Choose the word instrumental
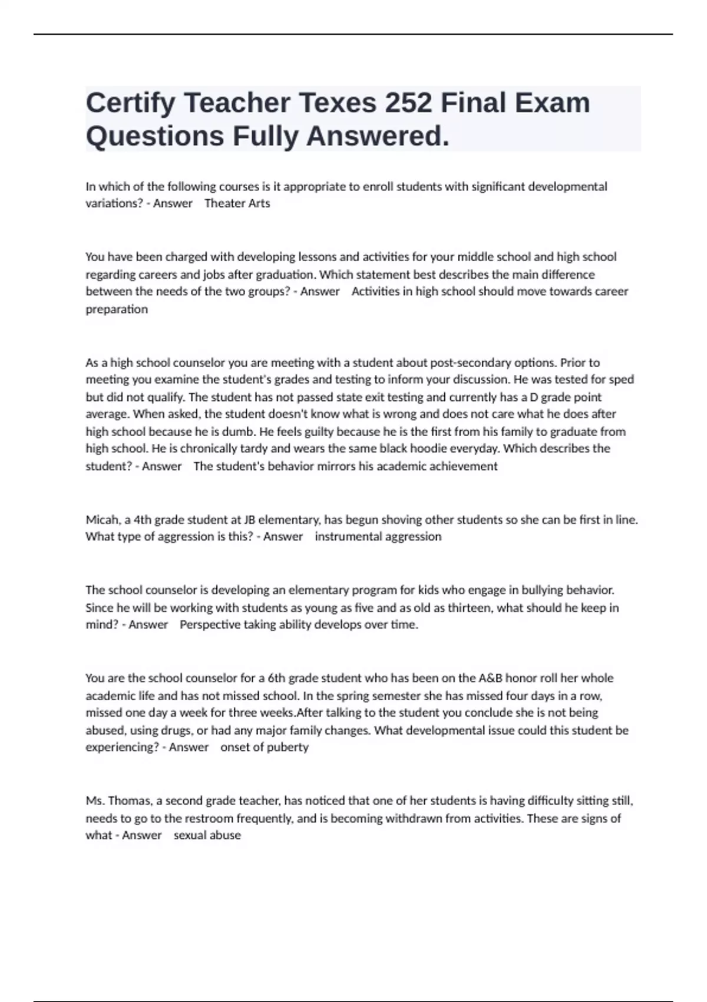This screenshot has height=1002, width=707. coord(348,537)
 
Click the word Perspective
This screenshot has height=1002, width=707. coord(210,625)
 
